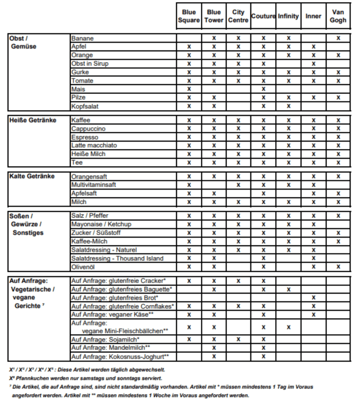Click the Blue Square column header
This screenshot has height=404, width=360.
point(189,16)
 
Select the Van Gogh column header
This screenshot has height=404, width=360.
point(338,16)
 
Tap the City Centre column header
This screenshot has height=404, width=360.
point(238,16)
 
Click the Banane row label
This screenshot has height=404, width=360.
point(82,38)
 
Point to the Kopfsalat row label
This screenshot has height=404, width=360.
point(85,106)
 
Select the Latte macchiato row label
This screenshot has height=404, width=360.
point(94,145)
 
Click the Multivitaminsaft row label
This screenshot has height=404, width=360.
point(93,185)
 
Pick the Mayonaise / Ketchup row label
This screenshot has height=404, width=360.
point(101,224)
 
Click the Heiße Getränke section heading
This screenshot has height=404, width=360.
point(33,120)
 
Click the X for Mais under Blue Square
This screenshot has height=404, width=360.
point(189,89)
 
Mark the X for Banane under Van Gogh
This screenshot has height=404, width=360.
point(338,38)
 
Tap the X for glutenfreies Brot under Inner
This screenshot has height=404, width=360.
point(313,298)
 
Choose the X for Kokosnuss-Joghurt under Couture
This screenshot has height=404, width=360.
point(263,356)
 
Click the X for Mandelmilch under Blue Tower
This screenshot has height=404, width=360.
point(214,348)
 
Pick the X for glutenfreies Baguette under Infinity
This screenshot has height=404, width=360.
point(288,290)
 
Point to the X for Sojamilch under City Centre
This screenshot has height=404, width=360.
point(238,339)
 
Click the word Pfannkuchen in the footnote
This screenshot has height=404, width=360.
point(30,378)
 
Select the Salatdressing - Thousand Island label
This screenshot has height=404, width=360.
point(117,258)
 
